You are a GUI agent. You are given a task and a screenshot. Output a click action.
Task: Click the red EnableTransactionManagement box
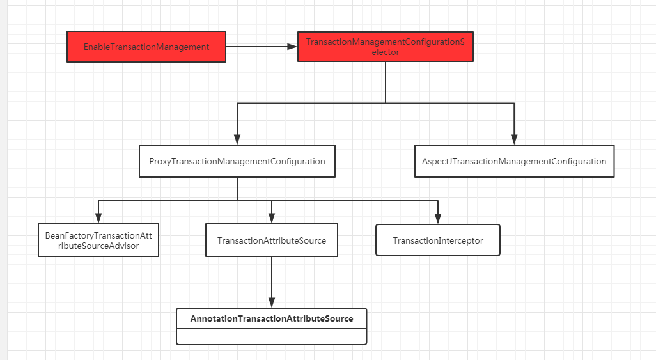146,47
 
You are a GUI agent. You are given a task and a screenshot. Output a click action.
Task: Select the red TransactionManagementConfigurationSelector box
386,47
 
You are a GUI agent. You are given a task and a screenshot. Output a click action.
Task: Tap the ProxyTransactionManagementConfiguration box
237,161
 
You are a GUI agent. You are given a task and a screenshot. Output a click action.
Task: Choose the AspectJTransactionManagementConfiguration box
514,161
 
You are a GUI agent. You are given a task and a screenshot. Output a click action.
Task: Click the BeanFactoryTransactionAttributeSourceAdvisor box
98,240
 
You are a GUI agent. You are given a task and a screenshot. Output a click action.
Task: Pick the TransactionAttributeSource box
272,240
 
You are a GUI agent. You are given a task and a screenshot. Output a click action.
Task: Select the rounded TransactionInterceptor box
438,240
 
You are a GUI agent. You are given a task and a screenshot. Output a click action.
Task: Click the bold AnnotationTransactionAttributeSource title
272,318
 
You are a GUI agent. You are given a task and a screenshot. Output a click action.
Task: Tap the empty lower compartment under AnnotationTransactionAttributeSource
272,336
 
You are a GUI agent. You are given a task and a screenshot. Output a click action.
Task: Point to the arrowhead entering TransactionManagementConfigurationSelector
292,47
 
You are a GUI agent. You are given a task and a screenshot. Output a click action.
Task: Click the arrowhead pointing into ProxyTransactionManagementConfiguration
237,140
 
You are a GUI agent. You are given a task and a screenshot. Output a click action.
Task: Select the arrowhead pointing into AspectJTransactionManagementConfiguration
514,140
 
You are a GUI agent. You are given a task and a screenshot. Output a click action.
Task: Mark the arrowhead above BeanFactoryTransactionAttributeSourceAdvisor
98,218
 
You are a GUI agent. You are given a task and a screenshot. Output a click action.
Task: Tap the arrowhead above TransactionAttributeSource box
272,218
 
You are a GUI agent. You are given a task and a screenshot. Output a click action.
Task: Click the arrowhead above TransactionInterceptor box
438,219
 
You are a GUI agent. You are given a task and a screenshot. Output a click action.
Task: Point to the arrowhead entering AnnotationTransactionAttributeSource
272,302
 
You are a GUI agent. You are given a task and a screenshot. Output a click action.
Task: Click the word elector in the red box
386,52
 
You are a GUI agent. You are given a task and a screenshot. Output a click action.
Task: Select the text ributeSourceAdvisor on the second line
98,246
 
